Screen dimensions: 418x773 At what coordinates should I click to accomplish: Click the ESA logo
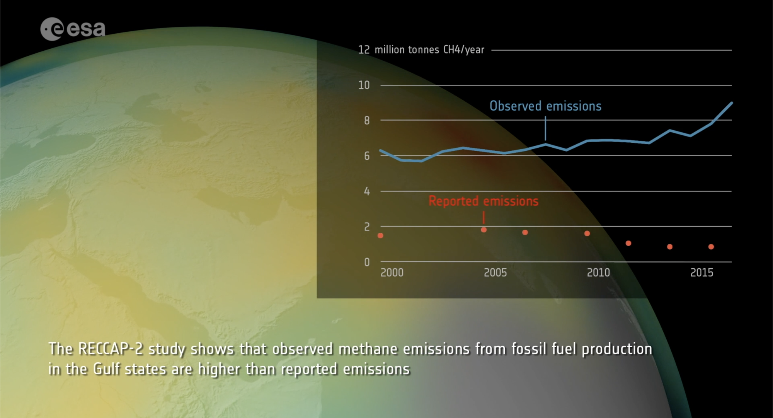point(73,29)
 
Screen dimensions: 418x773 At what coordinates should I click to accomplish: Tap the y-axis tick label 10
point(364,85)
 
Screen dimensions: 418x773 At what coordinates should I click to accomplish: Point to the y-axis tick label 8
point(366,121)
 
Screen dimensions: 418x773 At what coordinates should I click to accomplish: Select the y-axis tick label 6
point(366,156)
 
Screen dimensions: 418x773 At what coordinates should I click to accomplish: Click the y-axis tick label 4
point(366,191)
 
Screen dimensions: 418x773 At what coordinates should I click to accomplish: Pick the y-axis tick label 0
point(366,262)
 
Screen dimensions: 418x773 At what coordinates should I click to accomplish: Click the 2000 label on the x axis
point(392,273)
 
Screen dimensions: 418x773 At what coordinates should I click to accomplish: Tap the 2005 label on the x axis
point(495,273)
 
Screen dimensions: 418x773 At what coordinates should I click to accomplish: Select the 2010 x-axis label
point(598,273)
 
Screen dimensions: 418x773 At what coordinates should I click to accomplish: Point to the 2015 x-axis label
point(701,273)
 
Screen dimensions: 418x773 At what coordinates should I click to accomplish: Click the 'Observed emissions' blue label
point(545,106)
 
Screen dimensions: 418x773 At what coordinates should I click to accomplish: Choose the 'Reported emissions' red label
point(483,201)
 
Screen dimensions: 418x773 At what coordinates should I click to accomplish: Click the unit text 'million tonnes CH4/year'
point(429,50)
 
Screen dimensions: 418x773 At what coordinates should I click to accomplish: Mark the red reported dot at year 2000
point(380,235)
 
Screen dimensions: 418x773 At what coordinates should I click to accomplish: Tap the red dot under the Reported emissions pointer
point(484,230)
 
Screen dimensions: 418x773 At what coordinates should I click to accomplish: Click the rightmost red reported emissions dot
point(711,247)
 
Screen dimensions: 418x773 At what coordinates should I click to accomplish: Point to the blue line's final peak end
point(731,103)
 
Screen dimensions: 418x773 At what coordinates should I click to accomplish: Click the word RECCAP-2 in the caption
point(111,349)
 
